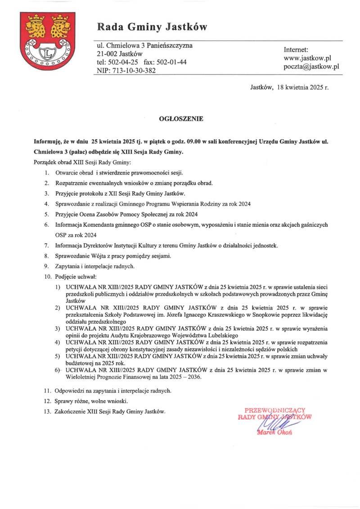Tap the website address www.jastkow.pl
point(307,58)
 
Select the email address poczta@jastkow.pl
point(311,67)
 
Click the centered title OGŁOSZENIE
point(181,119)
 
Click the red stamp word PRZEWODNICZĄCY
point(275,410)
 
